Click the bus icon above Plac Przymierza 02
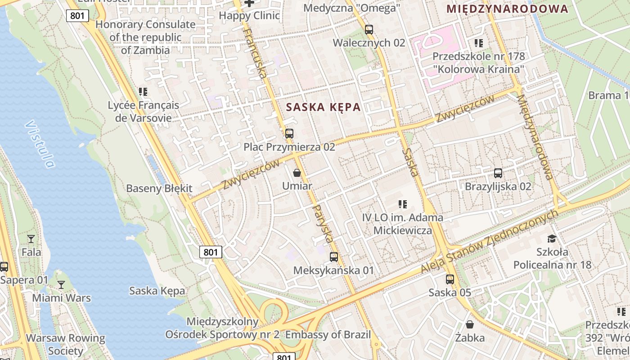[289, 134]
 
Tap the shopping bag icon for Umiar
[297, 172]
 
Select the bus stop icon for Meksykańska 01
[333, 257]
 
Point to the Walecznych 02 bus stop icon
[369, 30]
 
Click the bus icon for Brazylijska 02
[498, 173]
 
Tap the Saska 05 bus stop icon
[450, 279]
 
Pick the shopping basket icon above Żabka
[470, 324]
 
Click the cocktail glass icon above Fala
[31, 238]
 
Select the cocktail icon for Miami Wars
[61, 284]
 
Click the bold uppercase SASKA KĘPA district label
[323, 107]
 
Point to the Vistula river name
[40, 144]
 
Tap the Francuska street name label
[255, 53]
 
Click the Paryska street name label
[324, 224]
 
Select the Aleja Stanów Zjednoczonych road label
[490, 242]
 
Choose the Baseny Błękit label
[159, 189]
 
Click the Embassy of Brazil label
[328, 335]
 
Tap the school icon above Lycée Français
[143, 92]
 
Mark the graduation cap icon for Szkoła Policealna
[552, 238]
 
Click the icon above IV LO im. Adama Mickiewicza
[403, 204]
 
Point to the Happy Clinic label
[249, 16]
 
